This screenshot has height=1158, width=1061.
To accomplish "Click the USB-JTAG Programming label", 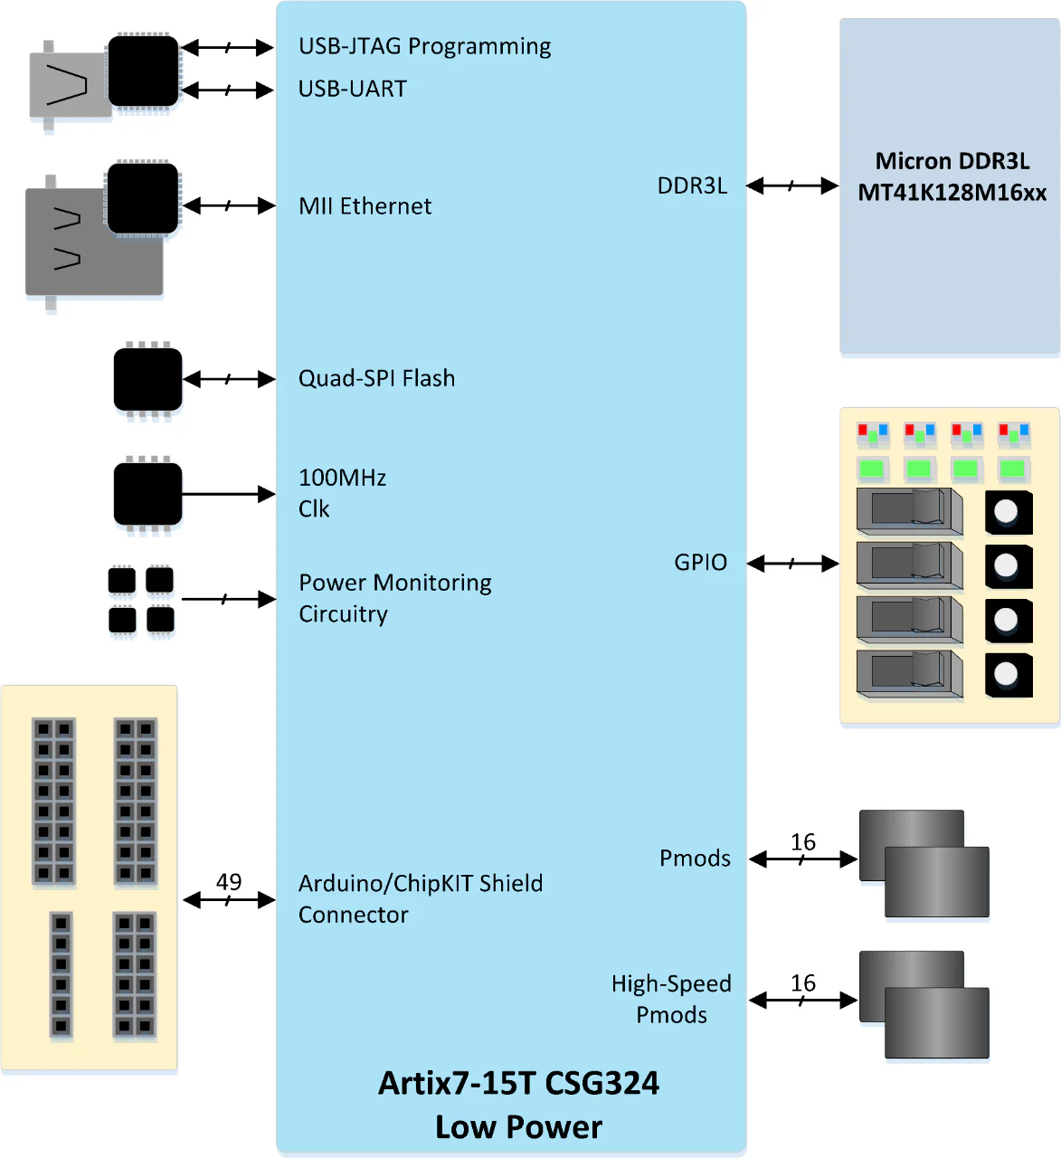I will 424,46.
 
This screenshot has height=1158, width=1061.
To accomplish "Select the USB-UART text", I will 353,89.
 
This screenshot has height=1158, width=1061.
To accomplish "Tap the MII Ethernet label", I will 365,206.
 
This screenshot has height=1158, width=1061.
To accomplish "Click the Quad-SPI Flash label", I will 376,378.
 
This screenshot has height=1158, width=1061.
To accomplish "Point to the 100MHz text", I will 342,478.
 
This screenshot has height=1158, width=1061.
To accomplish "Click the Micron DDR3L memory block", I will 950,185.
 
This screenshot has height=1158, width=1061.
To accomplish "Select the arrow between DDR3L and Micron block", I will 792,185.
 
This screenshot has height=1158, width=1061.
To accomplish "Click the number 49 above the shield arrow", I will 229,881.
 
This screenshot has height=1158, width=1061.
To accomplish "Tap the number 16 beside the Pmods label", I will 803,842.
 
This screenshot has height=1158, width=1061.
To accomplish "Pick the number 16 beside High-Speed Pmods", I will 803,983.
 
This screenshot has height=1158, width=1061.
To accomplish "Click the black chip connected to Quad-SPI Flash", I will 147,379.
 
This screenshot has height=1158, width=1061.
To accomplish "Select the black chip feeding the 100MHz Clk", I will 147,494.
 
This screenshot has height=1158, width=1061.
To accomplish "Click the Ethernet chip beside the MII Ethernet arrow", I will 143,199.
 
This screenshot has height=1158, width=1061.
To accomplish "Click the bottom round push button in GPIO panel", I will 1008,674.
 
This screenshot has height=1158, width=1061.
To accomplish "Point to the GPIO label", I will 700,563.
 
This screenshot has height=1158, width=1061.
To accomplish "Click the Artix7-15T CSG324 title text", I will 518,1083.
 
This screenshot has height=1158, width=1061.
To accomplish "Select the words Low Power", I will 518,1127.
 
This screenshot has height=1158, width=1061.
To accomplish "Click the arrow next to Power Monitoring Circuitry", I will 228,599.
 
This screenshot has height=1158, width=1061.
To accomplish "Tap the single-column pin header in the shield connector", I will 61,975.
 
